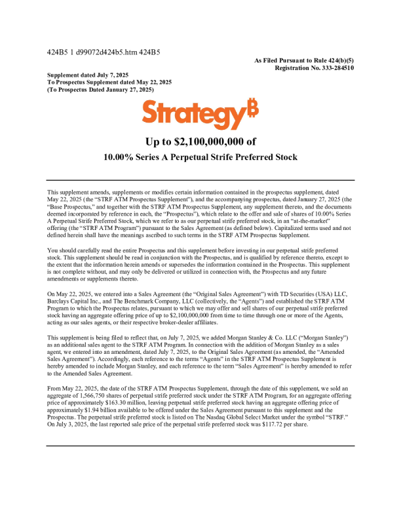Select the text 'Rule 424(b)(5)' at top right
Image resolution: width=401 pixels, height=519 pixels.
(x=330, y=60)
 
